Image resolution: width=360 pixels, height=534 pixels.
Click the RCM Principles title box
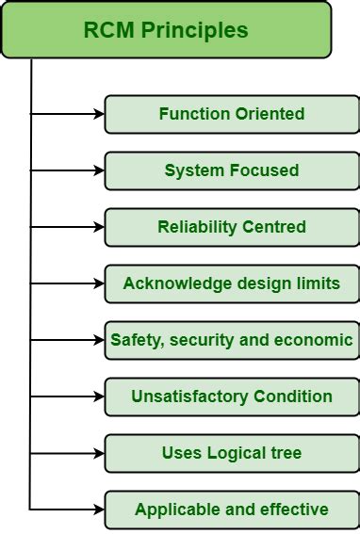pyautogui.click(x=166, y=30)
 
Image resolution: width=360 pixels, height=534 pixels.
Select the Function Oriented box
pyautogui.click(x=232, y=114)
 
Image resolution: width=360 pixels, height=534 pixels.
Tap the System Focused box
pyautogui.click(x=232, y=170)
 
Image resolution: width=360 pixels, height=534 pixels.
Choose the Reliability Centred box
pyautogui.click(x=232, y=227)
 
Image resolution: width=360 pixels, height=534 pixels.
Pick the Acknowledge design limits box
pyautogui.click(x=232, y=283)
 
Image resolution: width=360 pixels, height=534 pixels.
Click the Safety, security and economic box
pyautogui.click(x=232, y=340)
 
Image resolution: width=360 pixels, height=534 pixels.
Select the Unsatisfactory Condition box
pyautogui.click(x=232, y=396)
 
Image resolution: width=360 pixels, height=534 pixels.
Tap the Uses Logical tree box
pyautogui.click(x=232, y=453)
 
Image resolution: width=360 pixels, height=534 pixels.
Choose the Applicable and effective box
pyautogui.click(x=232, y=510)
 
